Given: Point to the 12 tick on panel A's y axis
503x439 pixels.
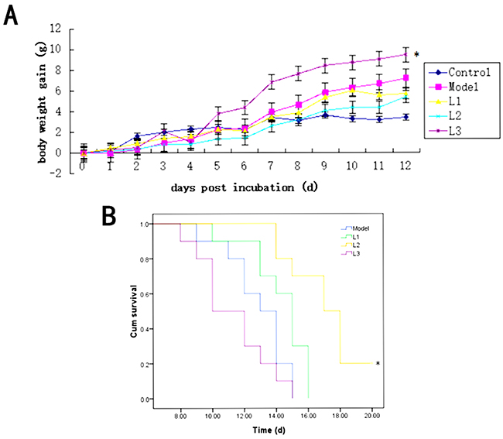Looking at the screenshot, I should (55, 29).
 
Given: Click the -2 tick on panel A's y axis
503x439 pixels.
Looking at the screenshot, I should (55, 172).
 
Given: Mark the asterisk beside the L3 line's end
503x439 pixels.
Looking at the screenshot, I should (417, 55).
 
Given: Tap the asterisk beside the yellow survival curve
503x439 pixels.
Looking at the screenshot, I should (378, 364).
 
